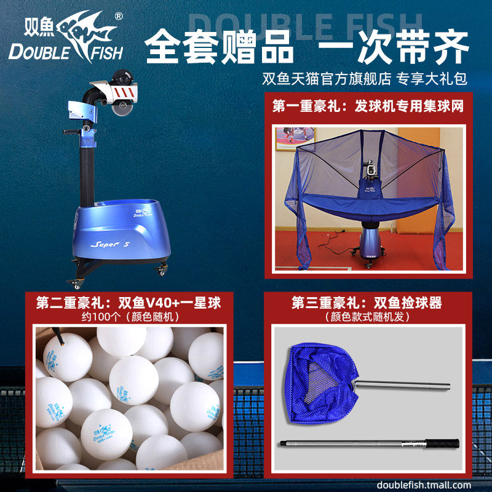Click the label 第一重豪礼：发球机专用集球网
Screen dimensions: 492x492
[x=368, y=106]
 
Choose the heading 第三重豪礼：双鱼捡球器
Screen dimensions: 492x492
[x=367, y=303]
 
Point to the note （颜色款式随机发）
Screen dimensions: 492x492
[x=367, y=317]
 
